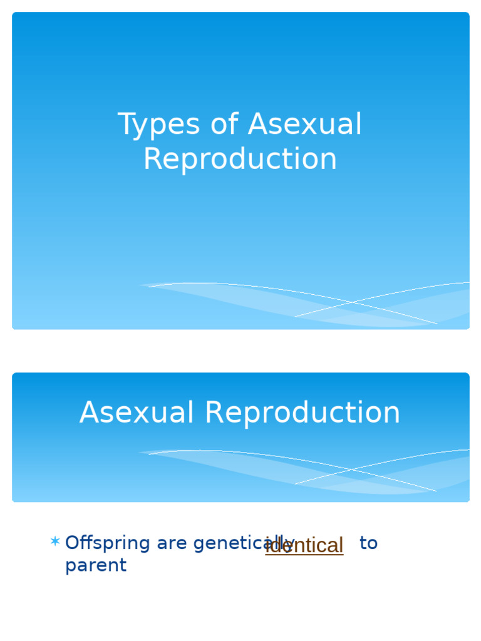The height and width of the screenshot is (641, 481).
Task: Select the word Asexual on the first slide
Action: pos(305,125)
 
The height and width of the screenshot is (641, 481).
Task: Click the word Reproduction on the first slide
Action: pos(240,159)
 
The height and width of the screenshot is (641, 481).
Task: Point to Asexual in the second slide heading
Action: pos(137,413)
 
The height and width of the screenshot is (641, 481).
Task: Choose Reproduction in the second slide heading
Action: pos(303,413)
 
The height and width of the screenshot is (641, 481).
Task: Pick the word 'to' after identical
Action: pos(368,543)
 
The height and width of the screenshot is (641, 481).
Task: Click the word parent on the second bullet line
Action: pos(96,565)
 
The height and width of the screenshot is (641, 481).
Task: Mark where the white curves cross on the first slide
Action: pos(352,303)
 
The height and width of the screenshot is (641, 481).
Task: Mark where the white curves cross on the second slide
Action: pos(352,470)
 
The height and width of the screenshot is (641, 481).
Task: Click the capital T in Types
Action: pos(125,125)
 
